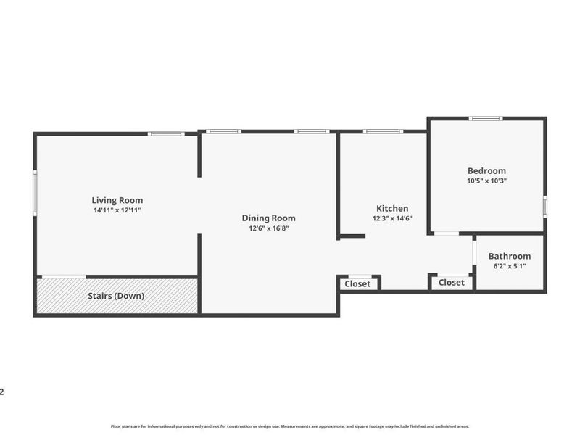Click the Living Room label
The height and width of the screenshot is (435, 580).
coord(117,200)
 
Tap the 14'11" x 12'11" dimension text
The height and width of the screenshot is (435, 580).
coord(117,210)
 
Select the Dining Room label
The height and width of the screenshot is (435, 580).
coord(268,217)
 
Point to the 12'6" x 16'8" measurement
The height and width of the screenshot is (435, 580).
coord(268,228)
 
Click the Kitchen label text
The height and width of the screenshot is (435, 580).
coord(391,208)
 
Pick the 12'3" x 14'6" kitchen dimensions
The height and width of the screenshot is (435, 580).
coord(392,218)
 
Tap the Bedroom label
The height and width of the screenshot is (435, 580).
coord(486,171)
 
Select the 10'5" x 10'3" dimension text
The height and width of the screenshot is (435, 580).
coord(486,181)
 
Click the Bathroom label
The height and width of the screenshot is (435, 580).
coord(509,256)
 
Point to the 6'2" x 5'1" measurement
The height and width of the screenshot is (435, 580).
coord(509,266)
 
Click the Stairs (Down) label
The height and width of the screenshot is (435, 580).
coord(116,296)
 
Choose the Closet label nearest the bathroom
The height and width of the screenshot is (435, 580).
coord(452,283)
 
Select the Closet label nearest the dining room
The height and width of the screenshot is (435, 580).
coord(357,283)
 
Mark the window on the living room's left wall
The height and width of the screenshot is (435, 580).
coord(35,192)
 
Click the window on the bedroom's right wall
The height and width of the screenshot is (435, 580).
coord(544,206)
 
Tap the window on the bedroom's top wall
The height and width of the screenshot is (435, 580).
coord(485,118)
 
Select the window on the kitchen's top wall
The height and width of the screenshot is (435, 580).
coord(382,131)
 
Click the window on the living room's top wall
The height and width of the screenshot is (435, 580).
coord(167,133)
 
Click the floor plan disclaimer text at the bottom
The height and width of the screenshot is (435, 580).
coord(290,426)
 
